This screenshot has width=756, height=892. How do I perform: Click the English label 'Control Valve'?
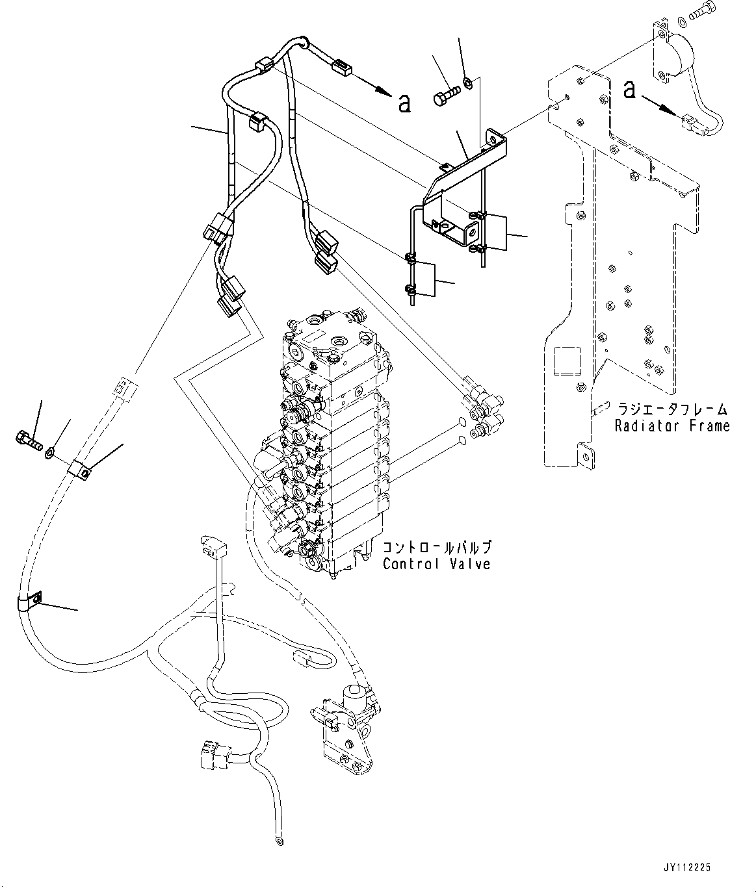[x=436, y=563]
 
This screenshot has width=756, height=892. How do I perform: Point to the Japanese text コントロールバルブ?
[x=437, y=547]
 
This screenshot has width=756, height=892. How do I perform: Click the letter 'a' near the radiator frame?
[x=629, y=89]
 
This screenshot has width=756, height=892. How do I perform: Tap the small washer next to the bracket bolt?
[x=467, y=83]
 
